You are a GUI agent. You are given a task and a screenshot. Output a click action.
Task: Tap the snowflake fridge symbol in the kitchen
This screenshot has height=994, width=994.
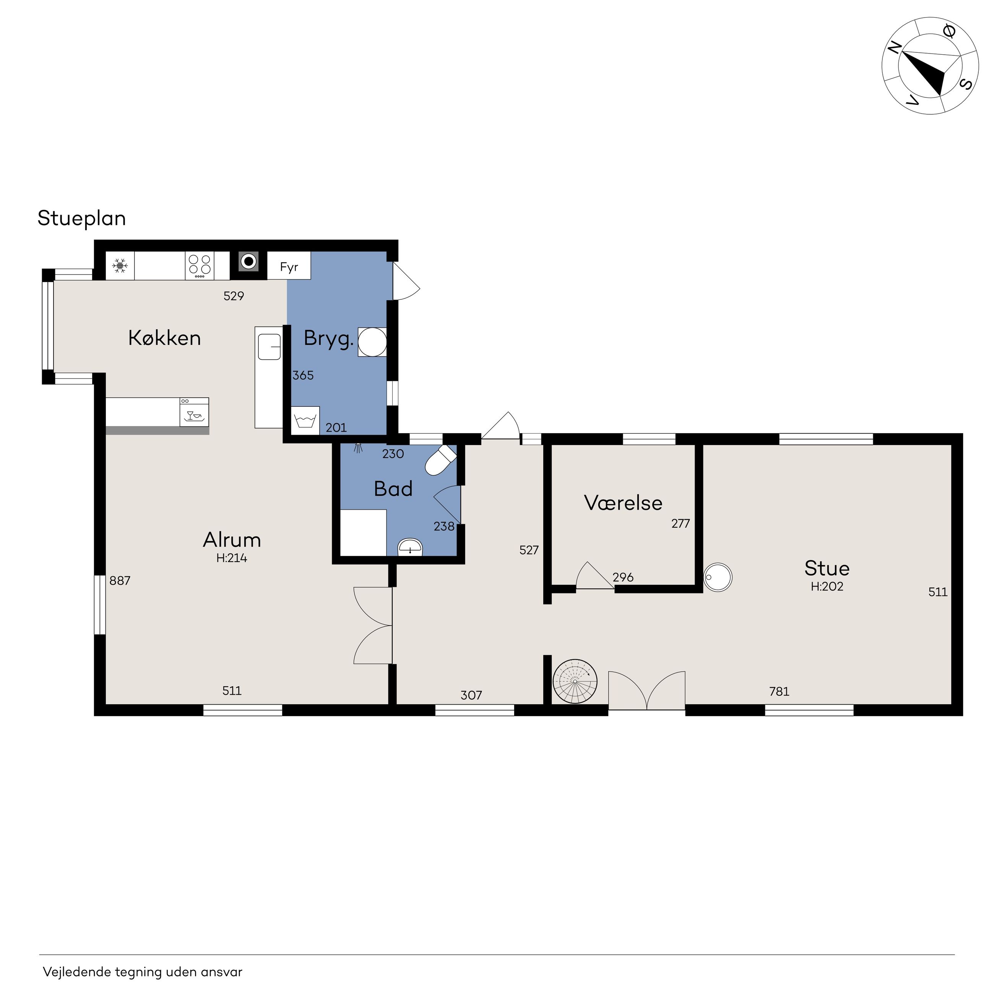click(x=120, y=266)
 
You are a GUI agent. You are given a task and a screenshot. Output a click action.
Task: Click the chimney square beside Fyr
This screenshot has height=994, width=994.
click(x=249, y=262)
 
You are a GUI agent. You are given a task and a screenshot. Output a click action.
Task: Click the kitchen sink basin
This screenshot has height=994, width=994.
click(x=270, y=346)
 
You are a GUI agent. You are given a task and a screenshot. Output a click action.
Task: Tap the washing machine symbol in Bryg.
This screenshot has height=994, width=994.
click(x=305, y=421)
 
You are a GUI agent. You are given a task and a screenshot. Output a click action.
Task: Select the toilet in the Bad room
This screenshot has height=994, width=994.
click(x=440, y=460)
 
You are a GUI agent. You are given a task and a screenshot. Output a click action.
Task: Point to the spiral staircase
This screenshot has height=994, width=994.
click(x=575, y=681)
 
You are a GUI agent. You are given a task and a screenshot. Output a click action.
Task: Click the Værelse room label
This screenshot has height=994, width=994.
click(x=624, y=503)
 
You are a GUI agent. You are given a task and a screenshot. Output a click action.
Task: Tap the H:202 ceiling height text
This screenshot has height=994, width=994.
click(x=827, y=586)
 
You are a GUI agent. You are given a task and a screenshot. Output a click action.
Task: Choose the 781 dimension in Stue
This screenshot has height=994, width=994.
click(x=779, y=692)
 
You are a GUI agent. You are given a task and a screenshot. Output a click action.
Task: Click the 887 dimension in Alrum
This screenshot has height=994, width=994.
click(x=120, y=580)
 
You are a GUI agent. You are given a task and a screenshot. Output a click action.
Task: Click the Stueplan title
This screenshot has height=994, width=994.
click(x=82, y=219)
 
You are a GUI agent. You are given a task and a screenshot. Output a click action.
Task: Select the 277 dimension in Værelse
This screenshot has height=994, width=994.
click(x=680, y=523)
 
